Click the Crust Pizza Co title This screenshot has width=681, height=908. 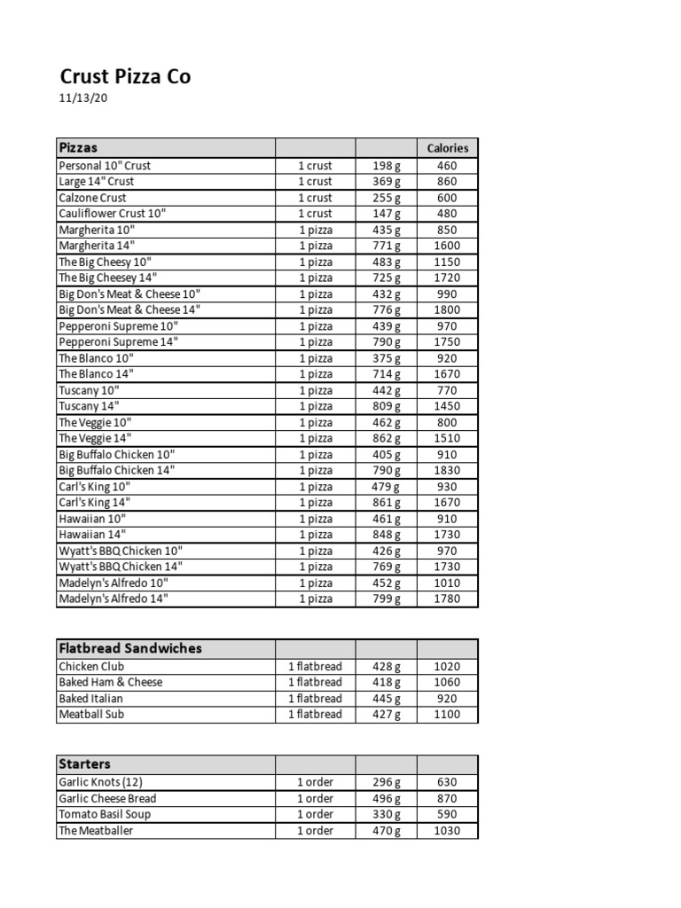pos(125,77)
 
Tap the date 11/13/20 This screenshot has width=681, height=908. pos(83,98)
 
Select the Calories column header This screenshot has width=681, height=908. pos(447,148)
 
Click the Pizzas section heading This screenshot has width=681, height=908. pos(78,147)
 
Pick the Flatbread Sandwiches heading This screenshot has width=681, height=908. pos(129,648)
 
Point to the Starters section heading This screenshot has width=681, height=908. pos(84,763)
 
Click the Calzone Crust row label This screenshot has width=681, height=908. pos(92,198)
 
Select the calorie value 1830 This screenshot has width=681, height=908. pos(447,470)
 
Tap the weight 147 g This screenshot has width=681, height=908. pos(386,214)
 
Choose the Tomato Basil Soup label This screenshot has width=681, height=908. pos(105,814)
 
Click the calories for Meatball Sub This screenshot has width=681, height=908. pos(447,714)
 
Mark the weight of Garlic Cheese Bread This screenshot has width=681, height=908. pos(386,798)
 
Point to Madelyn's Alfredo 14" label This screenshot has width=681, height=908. pos(113,599)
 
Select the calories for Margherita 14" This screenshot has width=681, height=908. pos(447,246)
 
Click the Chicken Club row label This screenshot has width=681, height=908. pos(91,666)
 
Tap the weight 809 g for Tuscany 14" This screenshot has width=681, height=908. pos(386,406)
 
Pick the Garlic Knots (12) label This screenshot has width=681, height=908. pos(100,782)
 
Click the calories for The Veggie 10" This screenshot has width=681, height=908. pos(447,422)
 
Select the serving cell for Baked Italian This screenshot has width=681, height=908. pos(315,698)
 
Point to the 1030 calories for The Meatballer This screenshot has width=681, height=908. pos(447,831)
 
